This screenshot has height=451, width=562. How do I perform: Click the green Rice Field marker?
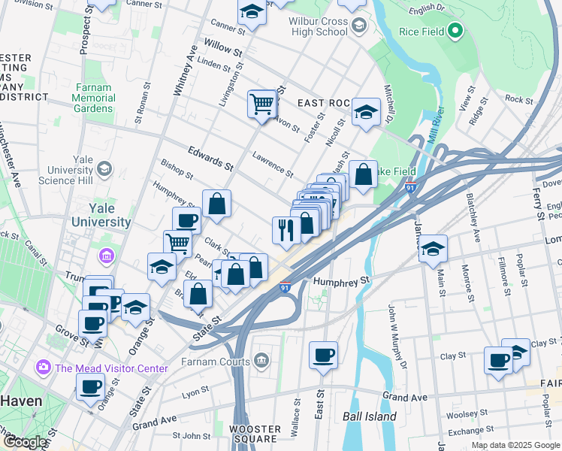[455, 32]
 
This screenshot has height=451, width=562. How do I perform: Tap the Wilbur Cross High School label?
[319, 27]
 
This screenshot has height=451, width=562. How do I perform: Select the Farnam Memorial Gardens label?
[95, 98]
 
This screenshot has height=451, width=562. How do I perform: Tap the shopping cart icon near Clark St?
[177, 243]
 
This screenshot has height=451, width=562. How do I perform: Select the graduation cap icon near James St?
[433, 250]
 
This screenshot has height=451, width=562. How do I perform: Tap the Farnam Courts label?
[217, 361]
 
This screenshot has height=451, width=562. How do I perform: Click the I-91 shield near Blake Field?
[410, 188]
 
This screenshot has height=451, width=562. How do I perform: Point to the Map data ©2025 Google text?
[515, 445]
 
